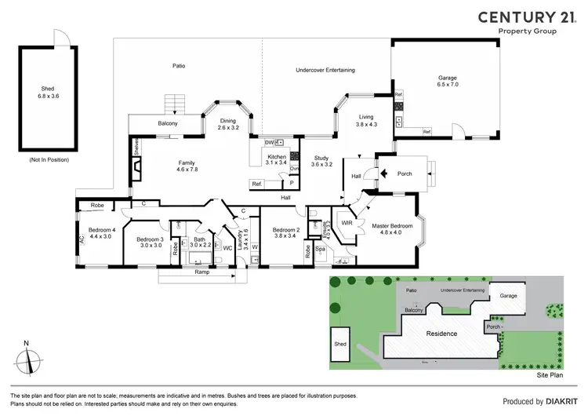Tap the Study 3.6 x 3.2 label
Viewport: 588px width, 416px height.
pos(321,162)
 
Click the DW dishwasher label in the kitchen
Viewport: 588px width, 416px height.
pos(269,142)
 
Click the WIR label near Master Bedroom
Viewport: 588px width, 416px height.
pos(347,224)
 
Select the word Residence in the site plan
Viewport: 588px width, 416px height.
pos(441,334)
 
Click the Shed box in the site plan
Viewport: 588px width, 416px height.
pos(341,344)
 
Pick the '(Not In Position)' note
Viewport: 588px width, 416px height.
pos(48,159)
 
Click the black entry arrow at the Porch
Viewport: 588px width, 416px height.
pos(384,174)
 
